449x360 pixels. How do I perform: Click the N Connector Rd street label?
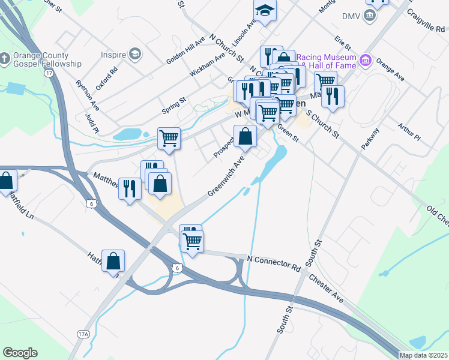click(273, 261)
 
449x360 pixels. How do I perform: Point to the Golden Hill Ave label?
click(185, 50)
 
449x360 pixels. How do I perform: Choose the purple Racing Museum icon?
click(364, 60)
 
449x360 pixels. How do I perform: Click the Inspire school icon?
click(136, 55)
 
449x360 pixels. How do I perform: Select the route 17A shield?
click(83, 334)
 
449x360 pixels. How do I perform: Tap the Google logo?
click(20, 353)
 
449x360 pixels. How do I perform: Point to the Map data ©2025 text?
click(423, 355)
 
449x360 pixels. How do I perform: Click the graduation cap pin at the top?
click(264, 10)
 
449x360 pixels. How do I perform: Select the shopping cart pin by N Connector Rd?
click(192, 241)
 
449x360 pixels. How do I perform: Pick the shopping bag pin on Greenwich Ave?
click(245, 136)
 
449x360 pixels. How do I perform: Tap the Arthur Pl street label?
click(409, 133)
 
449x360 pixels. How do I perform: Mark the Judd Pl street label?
click(91, 124)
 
